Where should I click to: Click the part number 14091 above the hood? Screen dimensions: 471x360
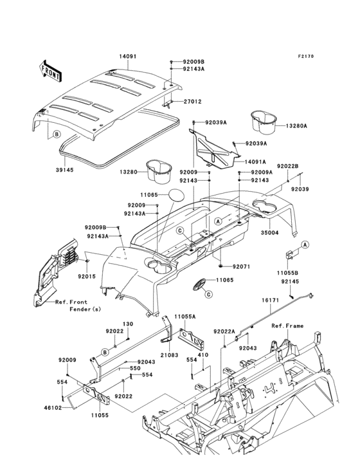127,57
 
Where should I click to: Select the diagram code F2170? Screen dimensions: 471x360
305,57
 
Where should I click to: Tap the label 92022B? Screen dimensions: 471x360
287,166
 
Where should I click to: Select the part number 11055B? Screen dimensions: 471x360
287,272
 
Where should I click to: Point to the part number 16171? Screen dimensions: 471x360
270,300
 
